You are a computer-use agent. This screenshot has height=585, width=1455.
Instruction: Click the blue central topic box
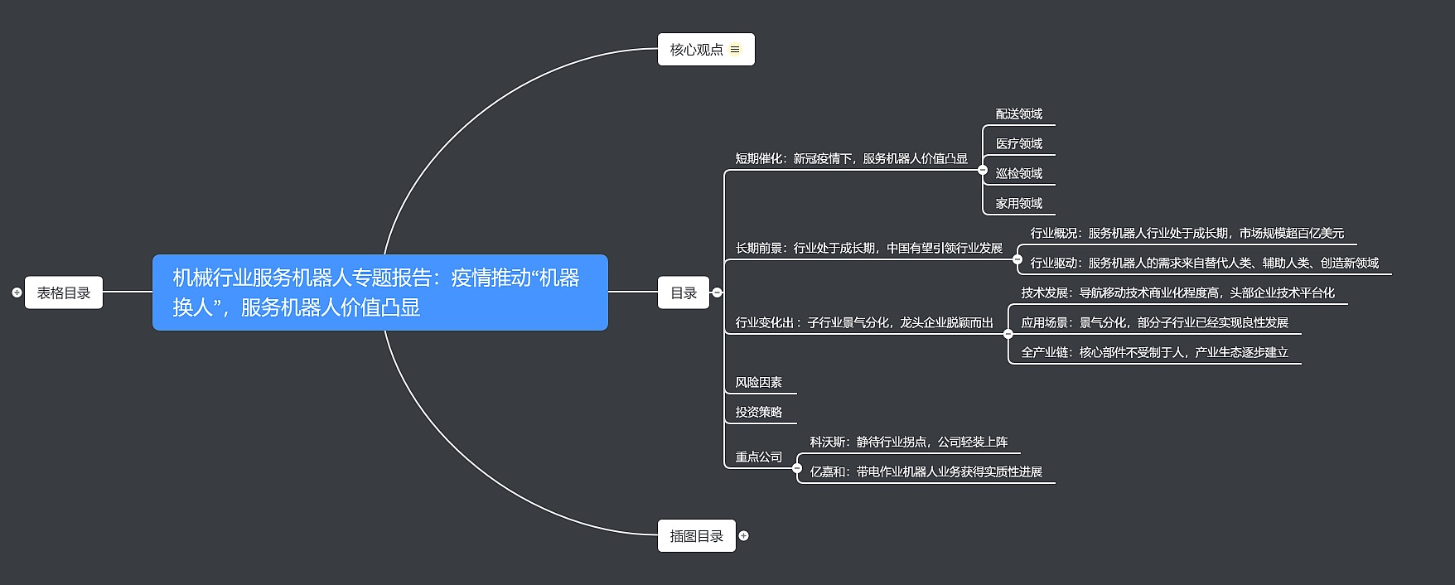pyautogui.click(x=379, y=292)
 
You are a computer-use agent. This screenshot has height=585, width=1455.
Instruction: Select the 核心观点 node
pyautogui.click(x=696, y=50)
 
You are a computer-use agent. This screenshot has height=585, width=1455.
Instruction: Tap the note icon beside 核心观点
pyautogui.click(x=735, y=50)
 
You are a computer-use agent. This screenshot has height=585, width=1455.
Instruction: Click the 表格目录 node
pyautogui.click(x=64, y=292)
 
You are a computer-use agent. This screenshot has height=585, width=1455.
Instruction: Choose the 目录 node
pyautogui.click(x=683, y=292)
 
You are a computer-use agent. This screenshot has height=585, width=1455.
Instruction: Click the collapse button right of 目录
pyautogui.click(x=718, y=292)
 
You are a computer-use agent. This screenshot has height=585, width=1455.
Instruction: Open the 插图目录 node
pyautogui.click(x=696, y=536)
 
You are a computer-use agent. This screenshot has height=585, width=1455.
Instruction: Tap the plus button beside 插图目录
pyautogui.click(x=743, y=536)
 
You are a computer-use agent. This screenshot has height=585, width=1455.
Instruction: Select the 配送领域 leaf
pyautogui.click(x=1018, y=114)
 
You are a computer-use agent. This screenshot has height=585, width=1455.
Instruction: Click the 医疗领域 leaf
pyautogui.click(x=1018, y=144)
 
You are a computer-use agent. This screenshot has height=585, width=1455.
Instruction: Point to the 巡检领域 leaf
pyautogui.click(x=1018, y=174)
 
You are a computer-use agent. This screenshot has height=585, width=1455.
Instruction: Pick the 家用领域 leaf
pyautogui.click(x=1018, y=204)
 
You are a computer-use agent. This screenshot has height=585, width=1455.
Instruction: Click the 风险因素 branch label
pyautogui.click(x=758, y=383)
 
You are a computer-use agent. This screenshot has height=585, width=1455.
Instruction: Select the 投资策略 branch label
pyautogui.click(x=758, y=413)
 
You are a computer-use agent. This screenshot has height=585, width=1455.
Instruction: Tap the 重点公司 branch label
pyautogui.click(x=758, y=457)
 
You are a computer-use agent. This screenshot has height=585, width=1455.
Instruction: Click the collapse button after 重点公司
pyautogui.click(x=797, y=468)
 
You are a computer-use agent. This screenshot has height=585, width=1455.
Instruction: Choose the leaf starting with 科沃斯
pyautogui.click(x=908, y=442)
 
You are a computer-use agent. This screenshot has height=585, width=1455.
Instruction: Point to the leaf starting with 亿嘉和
pyautogui.click(x=926, y=472)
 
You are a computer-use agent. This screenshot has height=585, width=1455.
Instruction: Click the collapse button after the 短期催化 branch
pyautogui.click(x=983, y=170)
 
